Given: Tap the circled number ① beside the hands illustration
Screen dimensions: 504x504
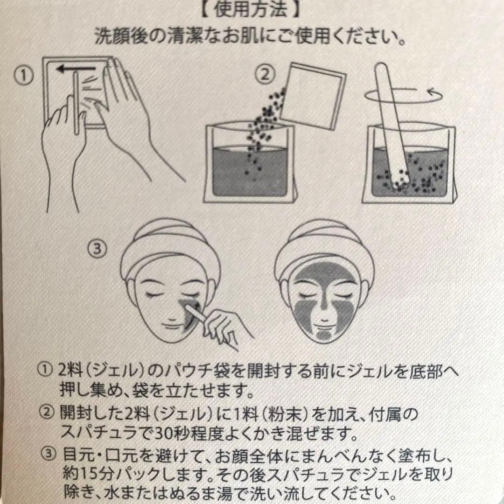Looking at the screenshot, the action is (23, 76).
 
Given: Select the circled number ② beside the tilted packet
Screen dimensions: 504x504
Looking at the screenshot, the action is (265, 75).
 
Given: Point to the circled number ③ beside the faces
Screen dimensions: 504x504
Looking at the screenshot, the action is (97, 248).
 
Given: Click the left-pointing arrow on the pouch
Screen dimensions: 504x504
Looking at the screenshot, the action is (76, 68).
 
